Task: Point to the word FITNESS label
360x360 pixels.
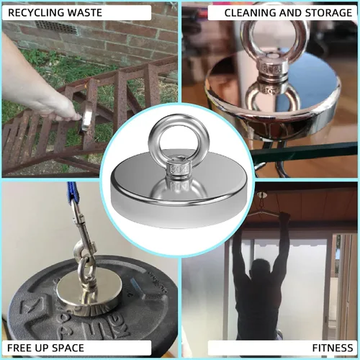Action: click(333, 348)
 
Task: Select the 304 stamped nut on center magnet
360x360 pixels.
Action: click(179, 169)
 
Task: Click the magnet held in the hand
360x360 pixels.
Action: click(86, 120)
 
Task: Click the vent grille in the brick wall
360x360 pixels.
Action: click(55, 27)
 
